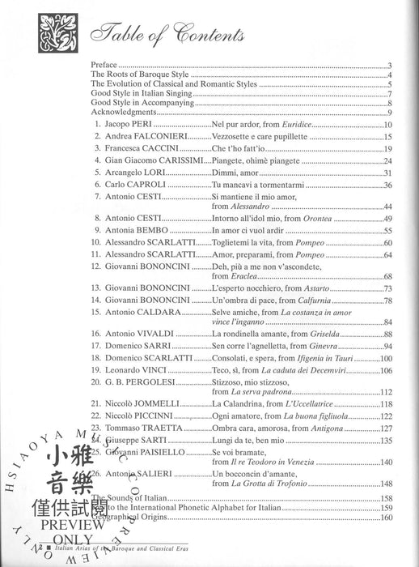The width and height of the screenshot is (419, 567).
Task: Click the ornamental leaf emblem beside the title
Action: tap(32, 32)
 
